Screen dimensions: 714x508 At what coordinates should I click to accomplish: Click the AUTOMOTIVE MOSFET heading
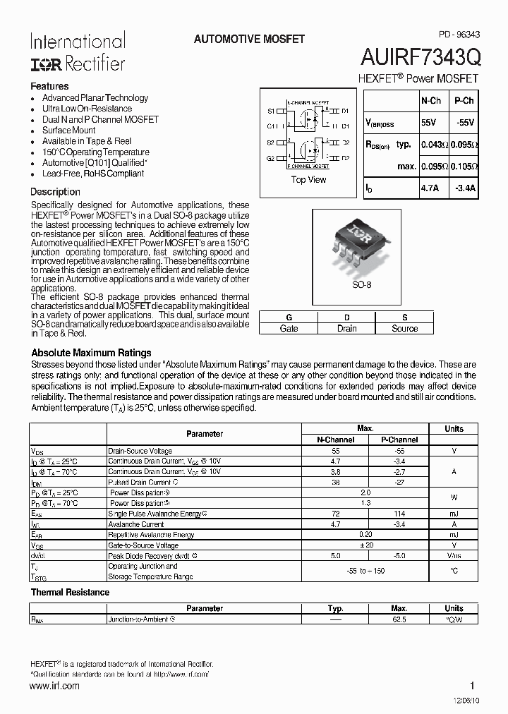pyautogui.click(x=249, y=40)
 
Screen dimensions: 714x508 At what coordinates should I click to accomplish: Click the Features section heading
pyautogui.click(x=49, y=86)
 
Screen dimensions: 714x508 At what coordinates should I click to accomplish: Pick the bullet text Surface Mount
pyautogui.click(x=68, y=131)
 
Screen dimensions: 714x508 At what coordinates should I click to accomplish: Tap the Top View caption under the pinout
pyautogui.click(x=308, y=180)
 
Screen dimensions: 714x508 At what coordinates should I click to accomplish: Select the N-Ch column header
pyautogui.click(x=430, y=101)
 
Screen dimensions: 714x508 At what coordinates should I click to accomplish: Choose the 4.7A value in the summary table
pyautogui.click(x=430, y=189)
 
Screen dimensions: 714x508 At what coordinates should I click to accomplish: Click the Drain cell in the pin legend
pyautogui.click(x=346, y=329)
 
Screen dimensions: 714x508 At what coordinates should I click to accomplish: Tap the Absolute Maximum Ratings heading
pyautogui.click(x=91, y=353)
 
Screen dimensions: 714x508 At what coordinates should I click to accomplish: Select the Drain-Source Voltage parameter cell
pyautogui.click(x=140, y=451)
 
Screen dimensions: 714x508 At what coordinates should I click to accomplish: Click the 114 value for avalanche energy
pyautogui.click(x=399, y=514)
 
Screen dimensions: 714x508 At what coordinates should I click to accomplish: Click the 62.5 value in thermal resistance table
pyautogui.click(x=399, y=619)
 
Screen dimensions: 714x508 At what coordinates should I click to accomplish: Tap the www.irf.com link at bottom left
pyautogui.click(x=55, y=686)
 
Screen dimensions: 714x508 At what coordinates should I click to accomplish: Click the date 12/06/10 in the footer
pyautogui.click(x=462, y=701)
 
